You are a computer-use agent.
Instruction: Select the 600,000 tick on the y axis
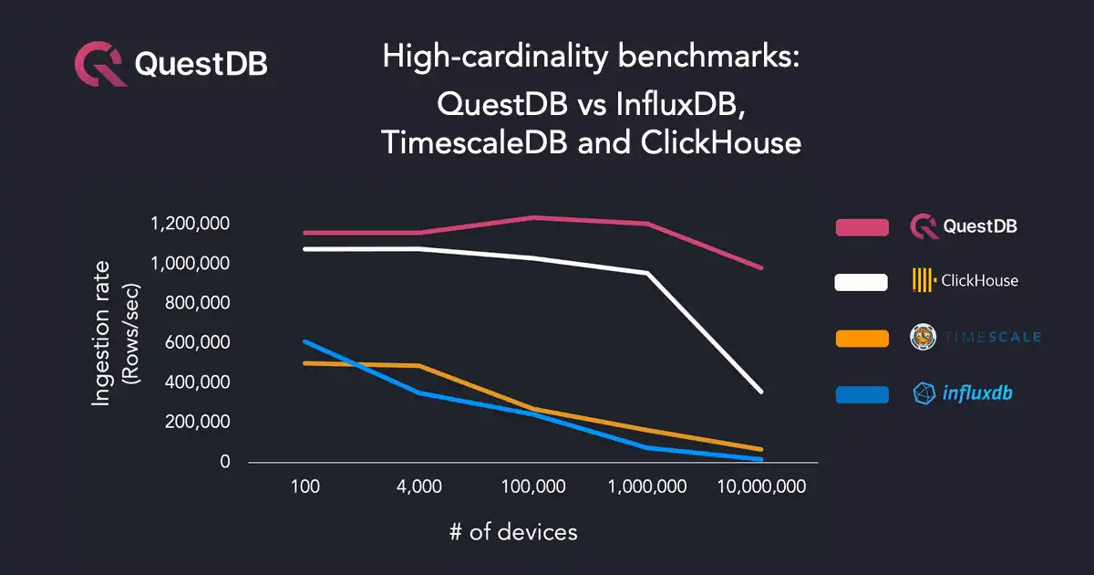192,343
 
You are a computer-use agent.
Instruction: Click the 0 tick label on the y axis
224,463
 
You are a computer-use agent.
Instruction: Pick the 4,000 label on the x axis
418,487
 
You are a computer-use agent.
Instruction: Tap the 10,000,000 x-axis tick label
762,487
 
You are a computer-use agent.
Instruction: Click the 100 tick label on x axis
304,487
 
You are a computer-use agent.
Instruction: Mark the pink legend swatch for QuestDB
862,227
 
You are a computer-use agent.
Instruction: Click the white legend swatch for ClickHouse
862,282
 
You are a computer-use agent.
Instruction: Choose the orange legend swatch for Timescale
862,339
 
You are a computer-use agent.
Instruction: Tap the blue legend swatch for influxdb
862,394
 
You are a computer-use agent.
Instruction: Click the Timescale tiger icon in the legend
924,338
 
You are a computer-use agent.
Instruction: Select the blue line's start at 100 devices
305,341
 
